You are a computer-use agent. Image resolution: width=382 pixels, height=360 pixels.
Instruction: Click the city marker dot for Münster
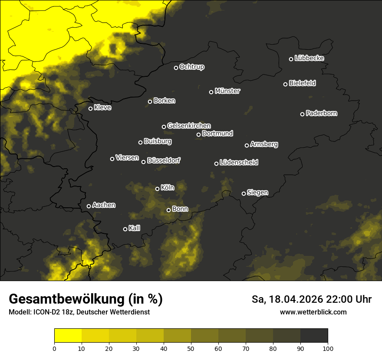pos(211,92)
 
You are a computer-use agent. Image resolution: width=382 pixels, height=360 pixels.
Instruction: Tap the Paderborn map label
pos(322,113)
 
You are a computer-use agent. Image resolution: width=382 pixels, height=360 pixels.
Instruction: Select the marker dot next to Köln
pos(158,189)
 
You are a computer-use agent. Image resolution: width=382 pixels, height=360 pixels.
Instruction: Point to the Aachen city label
pos(104,205)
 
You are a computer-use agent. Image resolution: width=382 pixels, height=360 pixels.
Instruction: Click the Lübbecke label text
pos(309,58)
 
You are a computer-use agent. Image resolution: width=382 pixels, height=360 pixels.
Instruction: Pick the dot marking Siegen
pos(244,193)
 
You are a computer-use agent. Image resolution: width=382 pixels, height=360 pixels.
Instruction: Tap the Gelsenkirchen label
pos(189,126)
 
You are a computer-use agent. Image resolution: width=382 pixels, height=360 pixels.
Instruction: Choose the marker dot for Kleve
pos(91,108)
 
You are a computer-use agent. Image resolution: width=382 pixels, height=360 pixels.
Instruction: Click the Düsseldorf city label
pos(164,160)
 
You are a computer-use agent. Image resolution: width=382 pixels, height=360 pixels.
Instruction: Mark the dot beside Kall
pos(125,229)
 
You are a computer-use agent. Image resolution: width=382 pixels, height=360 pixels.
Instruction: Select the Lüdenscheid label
pos(239,163)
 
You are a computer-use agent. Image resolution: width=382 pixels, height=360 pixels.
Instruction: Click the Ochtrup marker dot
pos(176,68)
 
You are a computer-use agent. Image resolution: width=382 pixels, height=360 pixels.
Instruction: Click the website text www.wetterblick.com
pos(313,312)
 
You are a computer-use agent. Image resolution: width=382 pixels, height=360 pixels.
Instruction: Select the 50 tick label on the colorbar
pos(191,348)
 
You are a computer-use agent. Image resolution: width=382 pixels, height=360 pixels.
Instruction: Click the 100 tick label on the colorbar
pos(328,348)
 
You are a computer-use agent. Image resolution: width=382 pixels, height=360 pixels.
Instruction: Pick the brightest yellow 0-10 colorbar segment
pos(68,335)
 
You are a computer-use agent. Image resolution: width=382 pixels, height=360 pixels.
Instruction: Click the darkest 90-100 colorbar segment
pos(314,335)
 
